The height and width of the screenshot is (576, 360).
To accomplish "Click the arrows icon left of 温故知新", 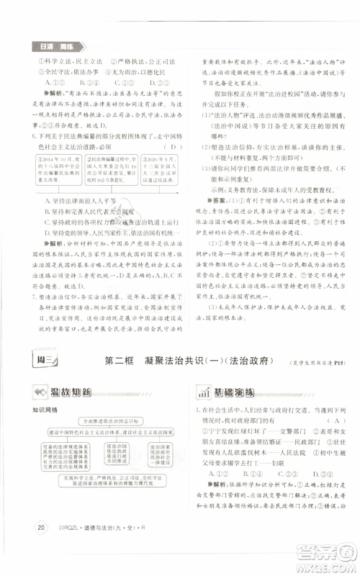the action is tap(45, 393).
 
